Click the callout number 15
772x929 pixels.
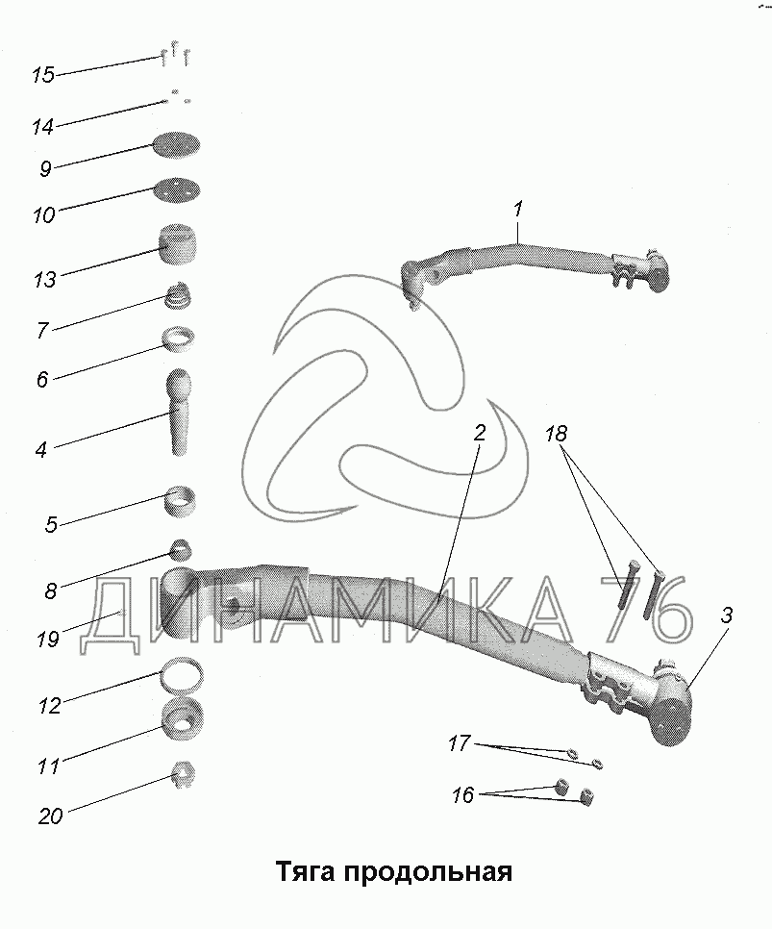(x=42, y=75)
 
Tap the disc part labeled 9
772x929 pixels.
(x=176, y=145)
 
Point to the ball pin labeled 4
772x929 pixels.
(x=180, y=413)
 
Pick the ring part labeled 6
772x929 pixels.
(x=180, y=339)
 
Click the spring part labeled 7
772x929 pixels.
(x=179, y=294)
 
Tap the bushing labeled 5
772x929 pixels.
(x=179, y=501)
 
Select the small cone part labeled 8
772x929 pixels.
(x=182, y=550)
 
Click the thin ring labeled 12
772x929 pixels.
(x=183, y=676)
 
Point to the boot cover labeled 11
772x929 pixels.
(x=183, y=718)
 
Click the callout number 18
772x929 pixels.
(x=557, y=435)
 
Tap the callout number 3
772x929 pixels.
(x=727, y=615)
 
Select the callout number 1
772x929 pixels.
(x=518, y=209)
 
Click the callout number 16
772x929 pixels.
(x=462, y=795)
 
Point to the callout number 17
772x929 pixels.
(x=460, y=743)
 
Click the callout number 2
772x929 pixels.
(x=480, y=433)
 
